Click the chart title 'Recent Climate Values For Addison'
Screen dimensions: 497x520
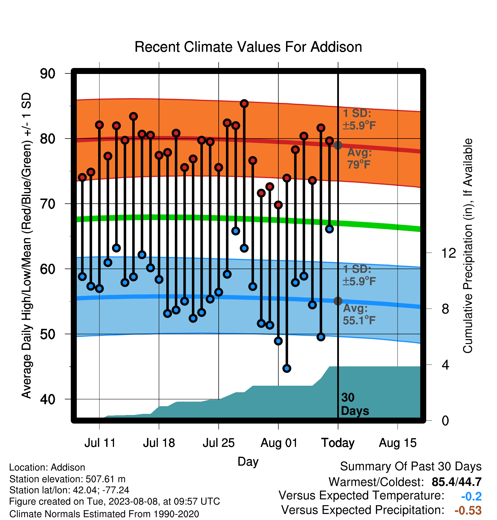pyautogui.click(x=248, y=47)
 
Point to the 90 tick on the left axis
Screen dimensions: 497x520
pyautogui.click(x=47, y=74)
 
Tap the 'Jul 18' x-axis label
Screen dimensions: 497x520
pyautogui.click(x=159, y=443)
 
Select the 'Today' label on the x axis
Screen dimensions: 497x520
pyautogui.click(x=338, y=443)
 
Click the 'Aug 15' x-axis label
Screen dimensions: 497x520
pyautogui.click(x=397, y=443)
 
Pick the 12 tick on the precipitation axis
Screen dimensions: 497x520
pyautogui.click(x=448, y=253)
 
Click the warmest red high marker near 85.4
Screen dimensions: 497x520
pyautogui.click(x=244, y=104)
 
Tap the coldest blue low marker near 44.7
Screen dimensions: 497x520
pyautogui.click(x=287, y=368)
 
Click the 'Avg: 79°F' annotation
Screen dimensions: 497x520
pyautogui.click(x=359, y=158)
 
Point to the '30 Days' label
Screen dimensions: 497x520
pyautogui.click(x=355, y=404)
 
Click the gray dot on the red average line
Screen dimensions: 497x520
pyautogui.click(x=338, y=145)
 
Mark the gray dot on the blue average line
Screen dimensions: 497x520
pyautogui.click(x=338, y=301)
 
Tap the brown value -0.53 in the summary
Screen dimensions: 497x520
pyautogui.click(x=468, y=510)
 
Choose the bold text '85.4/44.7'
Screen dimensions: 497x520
pyautogui.click(x=457, y=482)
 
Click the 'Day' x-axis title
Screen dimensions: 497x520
pyautogui.click(x=248, y=461)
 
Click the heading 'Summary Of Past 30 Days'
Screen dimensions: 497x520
pyautogui.click(x=411, y=467)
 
